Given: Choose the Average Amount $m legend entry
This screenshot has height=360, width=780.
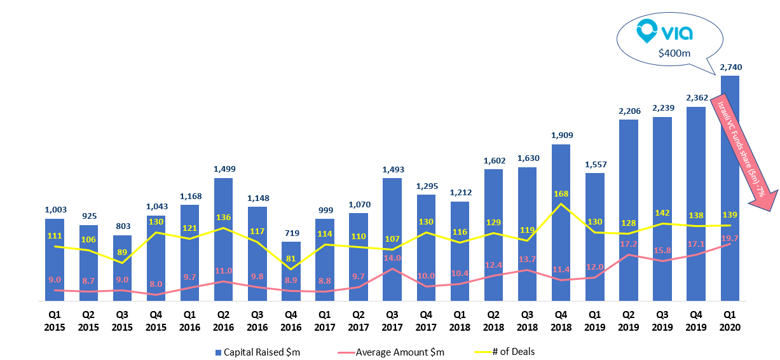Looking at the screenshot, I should click(392, 352).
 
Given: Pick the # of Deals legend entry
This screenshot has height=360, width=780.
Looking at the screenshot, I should click(509, 352).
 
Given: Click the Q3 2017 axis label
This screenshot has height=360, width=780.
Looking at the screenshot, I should click(392, 322).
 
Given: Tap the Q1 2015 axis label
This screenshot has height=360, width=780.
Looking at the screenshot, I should click(55, 322).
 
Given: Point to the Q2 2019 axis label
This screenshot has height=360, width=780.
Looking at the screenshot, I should click(629, 322).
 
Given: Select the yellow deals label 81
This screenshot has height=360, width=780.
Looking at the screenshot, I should click(291, 258).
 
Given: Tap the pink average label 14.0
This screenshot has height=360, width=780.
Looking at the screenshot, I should click(393, 258).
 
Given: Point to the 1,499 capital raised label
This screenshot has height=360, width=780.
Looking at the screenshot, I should click(224, 169).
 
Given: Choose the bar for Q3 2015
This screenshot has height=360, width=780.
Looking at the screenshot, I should click(122, 267).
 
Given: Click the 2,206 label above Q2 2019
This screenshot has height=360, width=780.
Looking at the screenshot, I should click(629, 111).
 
